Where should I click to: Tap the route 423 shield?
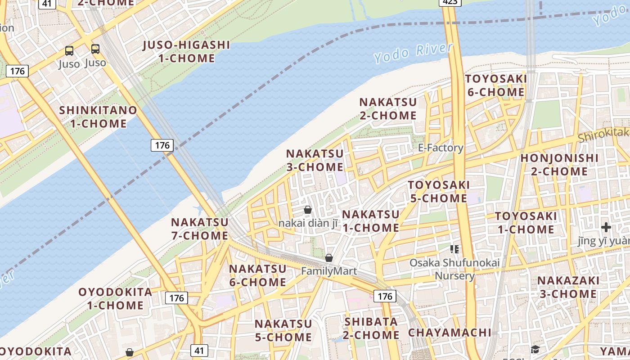[450, 2]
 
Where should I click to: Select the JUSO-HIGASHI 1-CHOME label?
[186, 51]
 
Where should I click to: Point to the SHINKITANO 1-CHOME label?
[98, 117]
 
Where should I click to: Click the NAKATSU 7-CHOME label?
[199, 229]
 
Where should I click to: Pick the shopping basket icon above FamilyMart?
[329, 258]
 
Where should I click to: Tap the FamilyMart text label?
[328, 271]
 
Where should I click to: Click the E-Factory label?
[440, 148]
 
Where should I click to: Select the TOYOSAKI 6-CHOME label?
[495, 85]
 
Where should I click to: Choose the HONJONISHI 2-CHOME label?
[559, 165]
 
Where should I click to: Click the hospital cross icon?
[606, 227]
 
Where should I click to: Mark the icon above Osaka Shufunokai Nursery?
[454, 249]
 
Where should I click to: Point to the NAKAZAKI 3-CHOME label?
[567, 287]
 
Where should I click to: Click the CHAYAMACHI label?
[449, 333]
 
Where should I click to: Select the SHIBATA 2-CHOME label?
[371, 328]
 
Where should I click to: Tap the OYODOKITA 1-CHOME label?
[115, 298]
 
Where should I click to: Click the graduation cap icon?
[535, 349]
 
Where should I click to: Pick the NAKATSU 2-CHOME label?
[387, 108]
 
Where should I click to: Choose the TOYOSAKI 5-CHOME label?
[438, 191]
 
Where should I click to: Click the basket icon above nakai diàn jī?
[308, 210]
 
